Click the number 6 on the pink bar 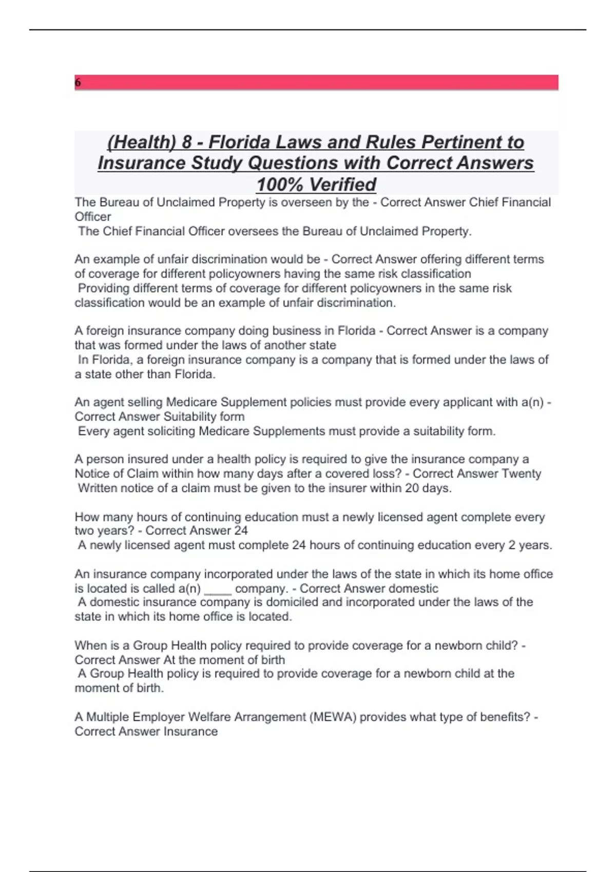pyautogui.click(x=78, y=83)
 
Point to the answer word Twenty pyautogui.click(x=521, y=473)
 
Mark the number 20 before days pyautogui.click(x=412, y=488)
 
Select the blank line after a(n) pyautogui.click(x=218, y=589)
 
